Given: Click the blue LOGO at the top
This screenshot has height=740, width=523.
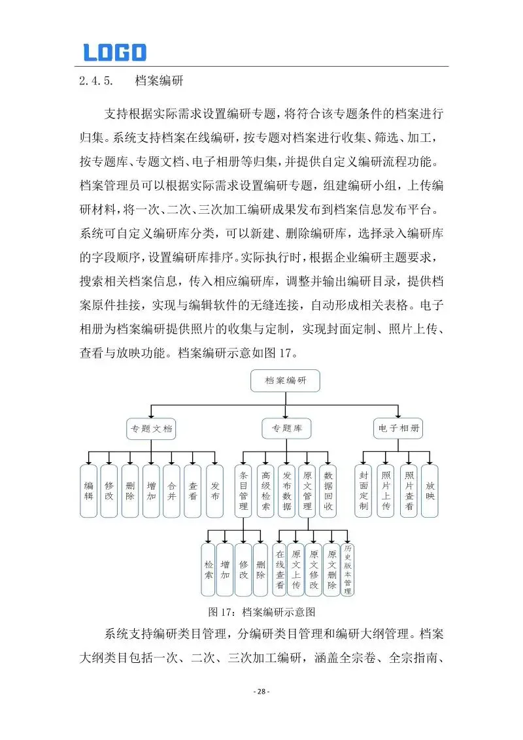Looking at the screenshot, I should click(x=114, y=52).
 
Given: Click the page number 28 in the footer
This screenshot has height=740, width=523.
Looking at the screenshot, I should click(x=261, y=692).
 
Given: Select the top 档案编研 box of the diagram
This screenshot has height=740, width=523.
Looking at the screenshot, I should click(x=285, y=380).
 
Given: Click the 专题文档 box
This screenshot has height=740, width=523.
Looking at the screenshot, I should click(x=151, y=429).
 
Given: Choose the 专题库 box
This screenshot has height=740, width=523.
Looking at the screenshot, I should click(x=286, y=429).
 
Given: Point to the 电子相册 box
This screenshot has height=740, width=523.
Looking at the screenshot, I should click(x=398, y=429).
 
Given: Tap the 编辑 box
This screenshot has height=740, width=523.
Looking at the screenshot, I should click(x=89, y=491).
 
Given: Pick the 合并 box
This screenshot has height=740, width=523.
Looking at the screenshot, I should click(x=172, y=491).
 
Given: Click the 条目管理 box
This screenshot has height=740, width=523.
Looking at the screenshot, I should click(x=243, y=491).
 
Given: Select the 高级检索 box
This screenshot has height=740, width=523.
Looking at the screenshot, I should click(x=265, y=491).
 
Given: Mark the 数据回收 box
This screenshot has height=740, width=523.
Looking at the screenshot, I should click(x=329, y=491).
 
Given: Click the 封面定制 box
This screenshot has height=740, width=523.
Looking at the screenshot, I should click(x=364, y=491).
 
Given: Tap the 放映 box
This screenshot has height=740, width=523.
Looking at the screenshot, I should click(x=430, y=491).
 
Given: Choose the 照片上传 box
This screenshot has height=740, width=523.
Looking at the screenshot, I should click(x=386, y=491).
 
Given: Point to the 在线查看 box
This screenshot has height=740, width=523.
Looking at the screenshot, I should click(x=279, y=569).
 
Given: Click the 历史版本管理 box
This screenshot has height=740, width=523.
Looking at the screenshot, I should click(x=348, y=569).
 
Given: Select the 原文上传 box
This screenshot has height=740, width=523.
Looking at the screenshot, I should click(x=296, y=569).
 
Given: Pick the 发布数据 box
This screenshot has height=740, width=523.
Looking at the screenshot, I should click(x=286, y=491).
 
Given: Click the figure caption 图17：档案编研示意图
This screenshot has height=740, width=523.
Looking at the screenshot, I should click(x=261, y=613).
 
